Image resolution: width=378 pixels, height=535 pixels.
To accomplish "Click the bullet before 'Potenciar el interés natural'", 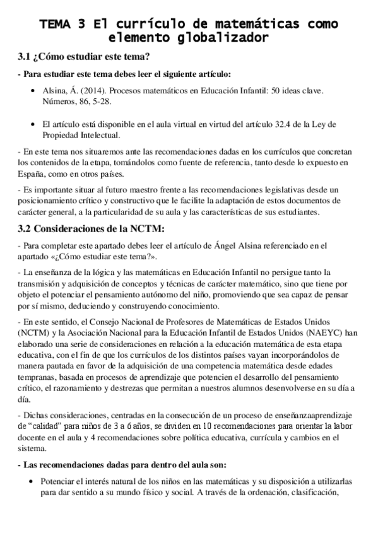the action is point(32,481).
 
